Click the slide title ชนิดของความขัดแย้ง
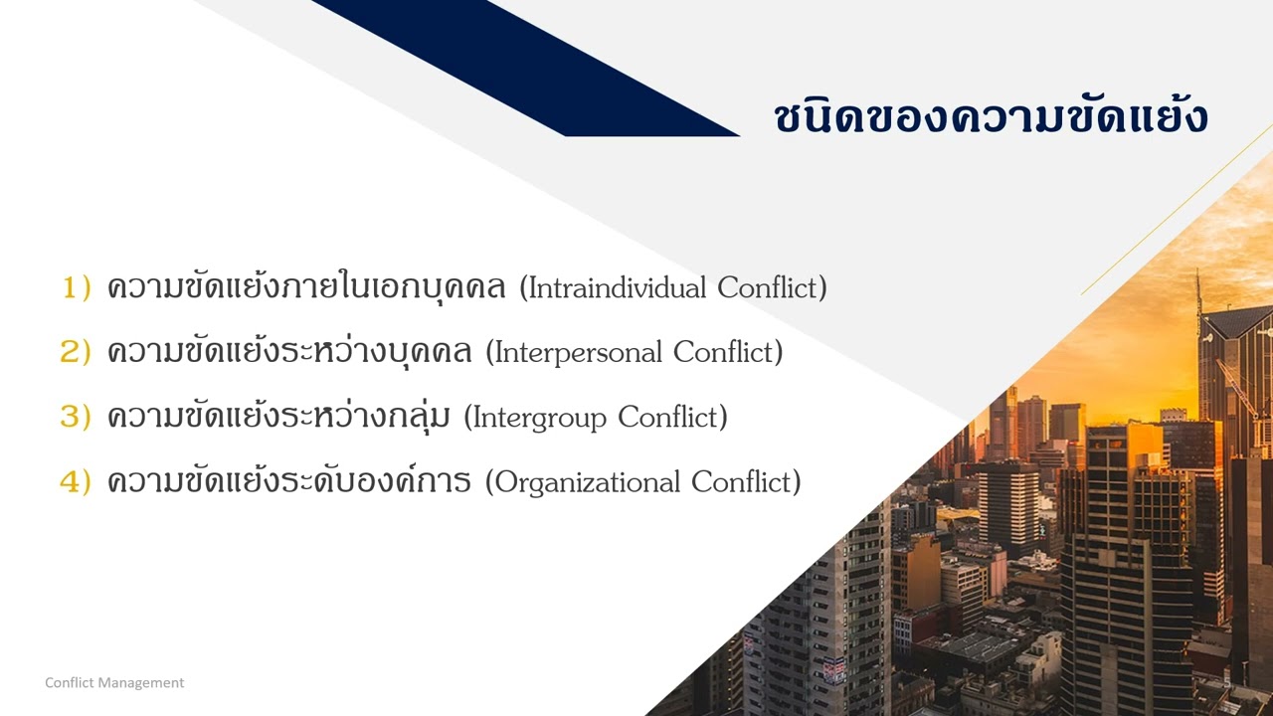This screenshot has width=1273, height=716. click(991, 117)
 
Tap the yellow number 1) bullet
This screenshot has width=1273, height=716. click(77, 288)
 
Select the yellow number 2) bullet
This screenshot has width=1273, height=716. click(77, 352)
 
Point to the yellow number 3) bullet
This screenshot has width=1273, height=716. click(77, 417)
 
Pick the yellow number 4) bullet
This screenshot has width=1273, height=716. click(77, 482)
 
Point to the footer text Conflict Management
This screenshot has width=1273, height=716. click(114, 683)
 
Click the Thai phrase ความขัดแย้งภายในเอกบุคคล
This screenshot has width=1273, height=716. click(309, 288)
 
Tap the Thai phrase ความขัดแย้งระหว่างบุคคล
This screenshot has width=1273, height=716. click(289, 352)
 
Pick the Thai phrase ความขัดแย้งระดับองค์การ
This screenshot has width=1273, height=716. click(288, 482)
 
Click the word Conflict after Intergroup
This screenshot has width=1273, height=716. click(669, 418)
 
